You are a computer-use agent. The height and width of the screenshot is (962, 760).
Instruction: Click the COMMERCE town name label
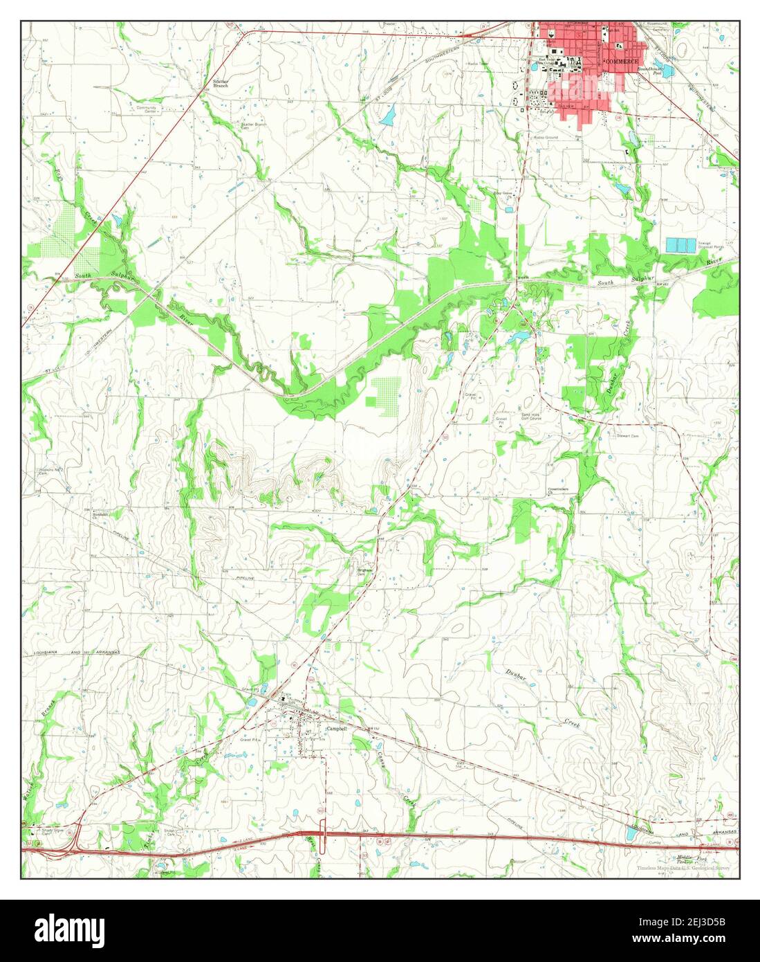click(x=622, y=62)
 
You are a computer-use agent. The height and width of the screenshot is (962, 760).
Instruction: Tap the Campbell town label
click(x=336, y=729)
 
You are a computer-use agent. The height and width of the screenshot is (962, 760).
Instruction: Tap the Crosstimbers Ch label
click(x=558, y=491)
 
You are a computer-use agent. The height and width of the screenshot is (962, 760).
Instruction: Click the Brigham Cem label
click(x=364, y=572)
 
